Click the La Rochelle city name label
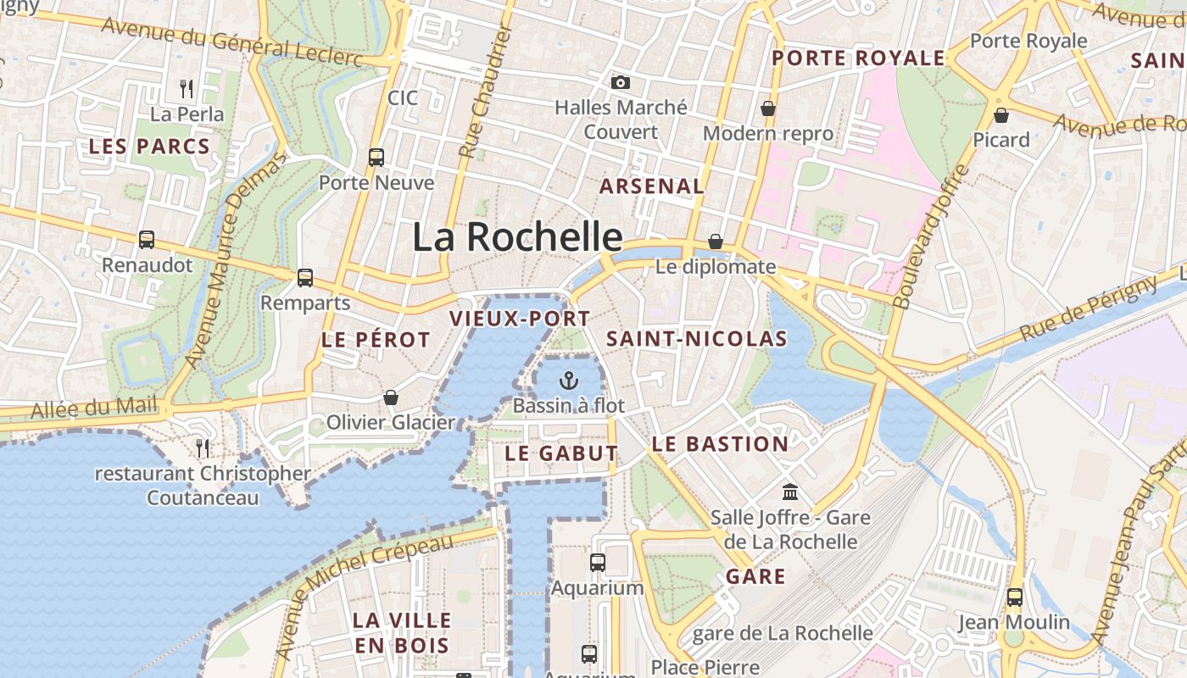(517, 236)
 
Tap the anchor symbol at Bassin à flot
(569, 381)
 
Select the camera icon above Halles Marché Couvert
(621, 82)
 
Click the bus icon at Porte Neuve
(376, 157)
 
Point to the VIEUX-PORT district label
(520, 319)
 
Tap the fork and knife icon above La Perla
(187, 88)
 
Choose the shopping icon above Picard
(1001, 114)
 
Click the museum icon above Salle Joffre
(790, 492)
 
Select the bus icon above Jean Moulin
(1014, 597)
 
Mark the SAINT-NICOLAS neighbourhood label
(697, 339)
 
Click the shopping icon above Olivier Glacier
(391, 397)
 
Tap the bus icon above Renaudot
(147, 240)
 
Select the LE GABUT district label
(561, 453)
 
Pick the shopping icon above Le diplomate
(716, 242)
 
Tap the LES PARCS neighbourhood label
(149, 146)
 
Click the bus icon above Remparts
(305, 277)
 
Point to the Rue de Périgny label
(1088, 309)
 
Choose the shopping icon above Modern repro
(767, 108)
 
